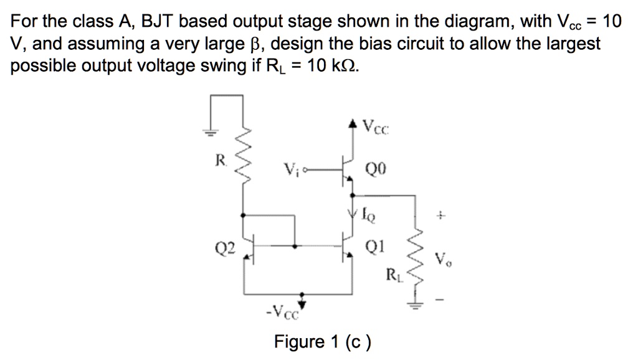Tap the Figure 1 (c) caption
(x=323, y=342)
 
